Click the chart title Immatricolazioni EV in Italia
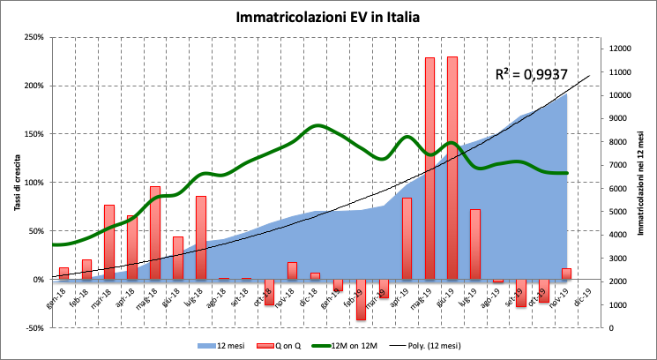click(328, 17)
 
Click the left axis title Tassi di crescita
click(15, 182)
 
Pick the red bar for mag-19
click(429, 168)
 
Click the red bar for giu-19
click(452, 168)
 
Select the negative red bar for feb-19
click(361, 300)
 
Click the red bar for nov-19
click(566, 274)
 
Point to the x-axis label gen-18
click(58, 295)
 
